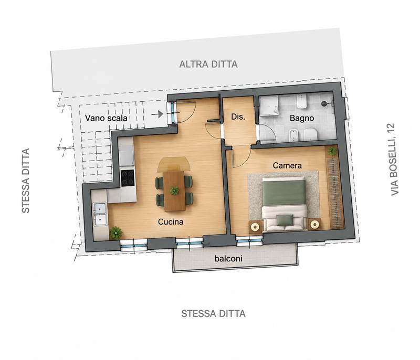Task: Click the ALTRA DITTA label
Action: click(208, 64)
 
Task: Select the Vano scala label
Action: click(106, 118)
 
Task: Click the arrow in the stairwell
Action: click(157, 114)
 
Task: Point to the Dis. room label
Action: click(238, 117)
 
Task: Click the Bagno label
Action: click(302, 118)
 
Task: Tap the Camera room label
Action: click(287, 165)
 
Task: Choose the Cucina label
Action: click(171, 221)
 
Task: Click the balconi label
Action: click(228, 258)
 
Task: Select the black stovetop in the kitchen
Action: click(128, 178)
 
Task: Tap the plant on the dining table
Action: click(174, 190)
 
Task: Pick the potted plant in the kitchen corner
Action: click(116, 232)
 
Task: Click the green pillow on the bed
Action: click(285, 220)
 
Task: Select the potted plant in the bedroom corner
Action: click(332, 151)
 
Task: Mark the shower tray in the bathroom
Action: click(268, 106)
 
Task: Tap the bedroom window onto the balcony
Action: click(249, 241)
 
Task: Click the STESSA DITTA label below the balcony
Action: click(213, 314)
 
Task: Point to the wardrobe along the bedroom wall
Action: click(335, 193)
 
